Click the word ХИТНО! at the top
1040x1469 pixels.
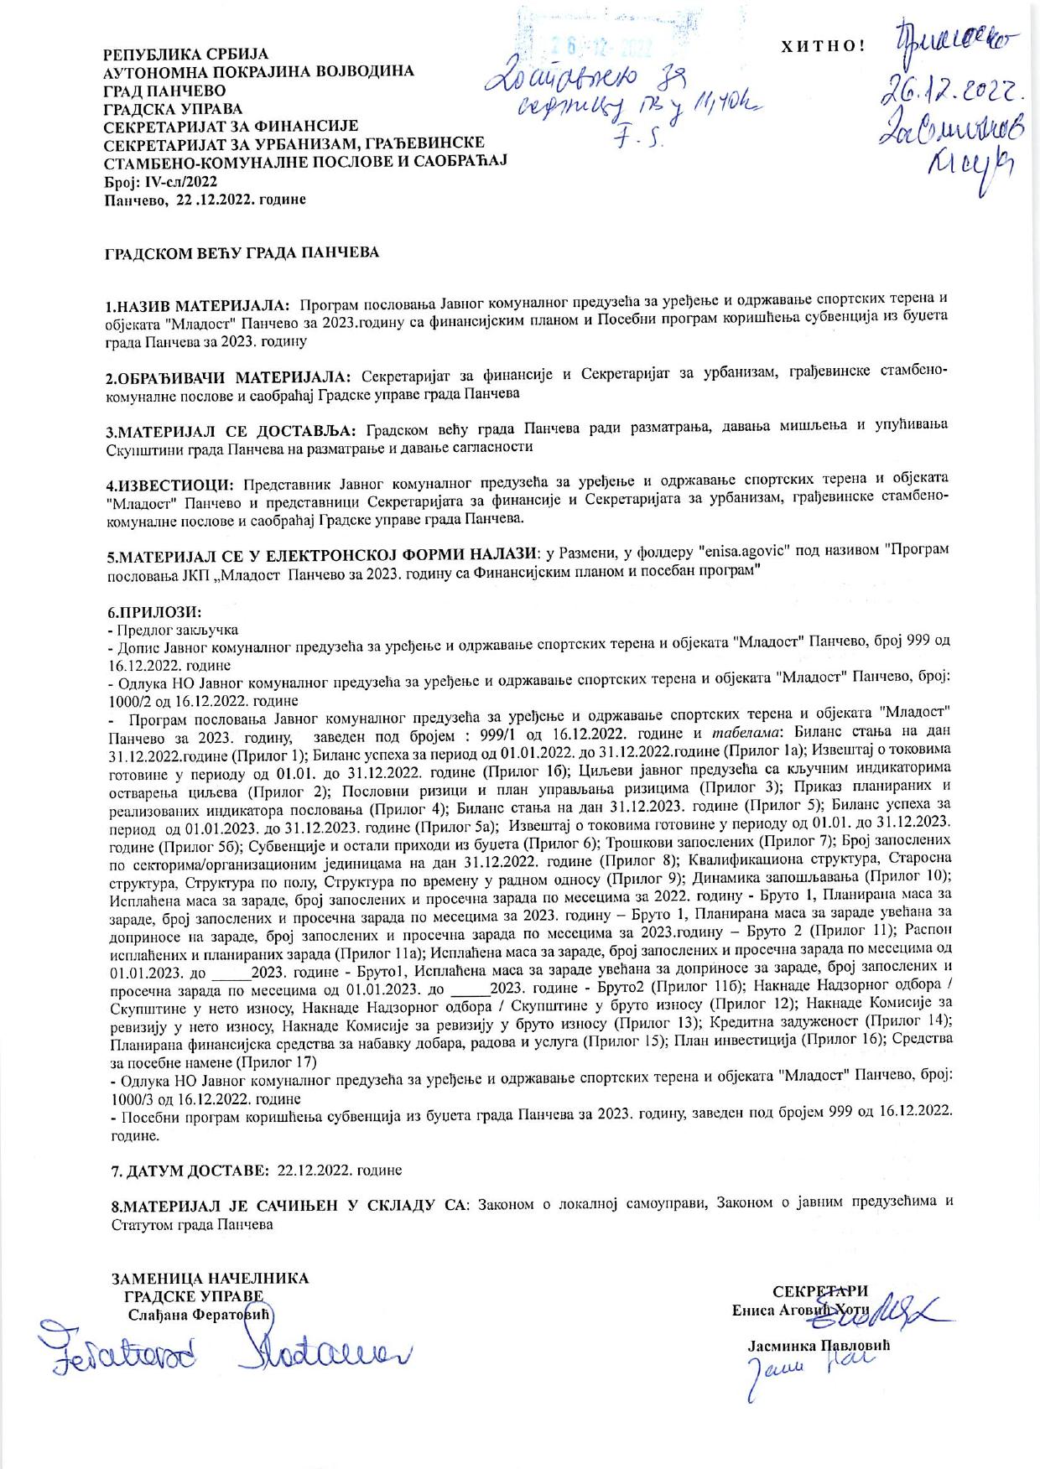822,47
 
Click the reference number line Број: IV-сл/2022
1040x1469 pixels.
160,180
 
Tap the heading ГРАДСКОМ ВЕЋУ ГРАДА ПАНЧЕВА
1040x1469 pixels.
241,252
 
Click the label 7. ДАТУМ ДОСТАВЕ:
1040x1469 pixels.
188,1169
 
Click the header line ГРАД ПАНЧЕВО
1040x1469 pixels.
164,90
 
